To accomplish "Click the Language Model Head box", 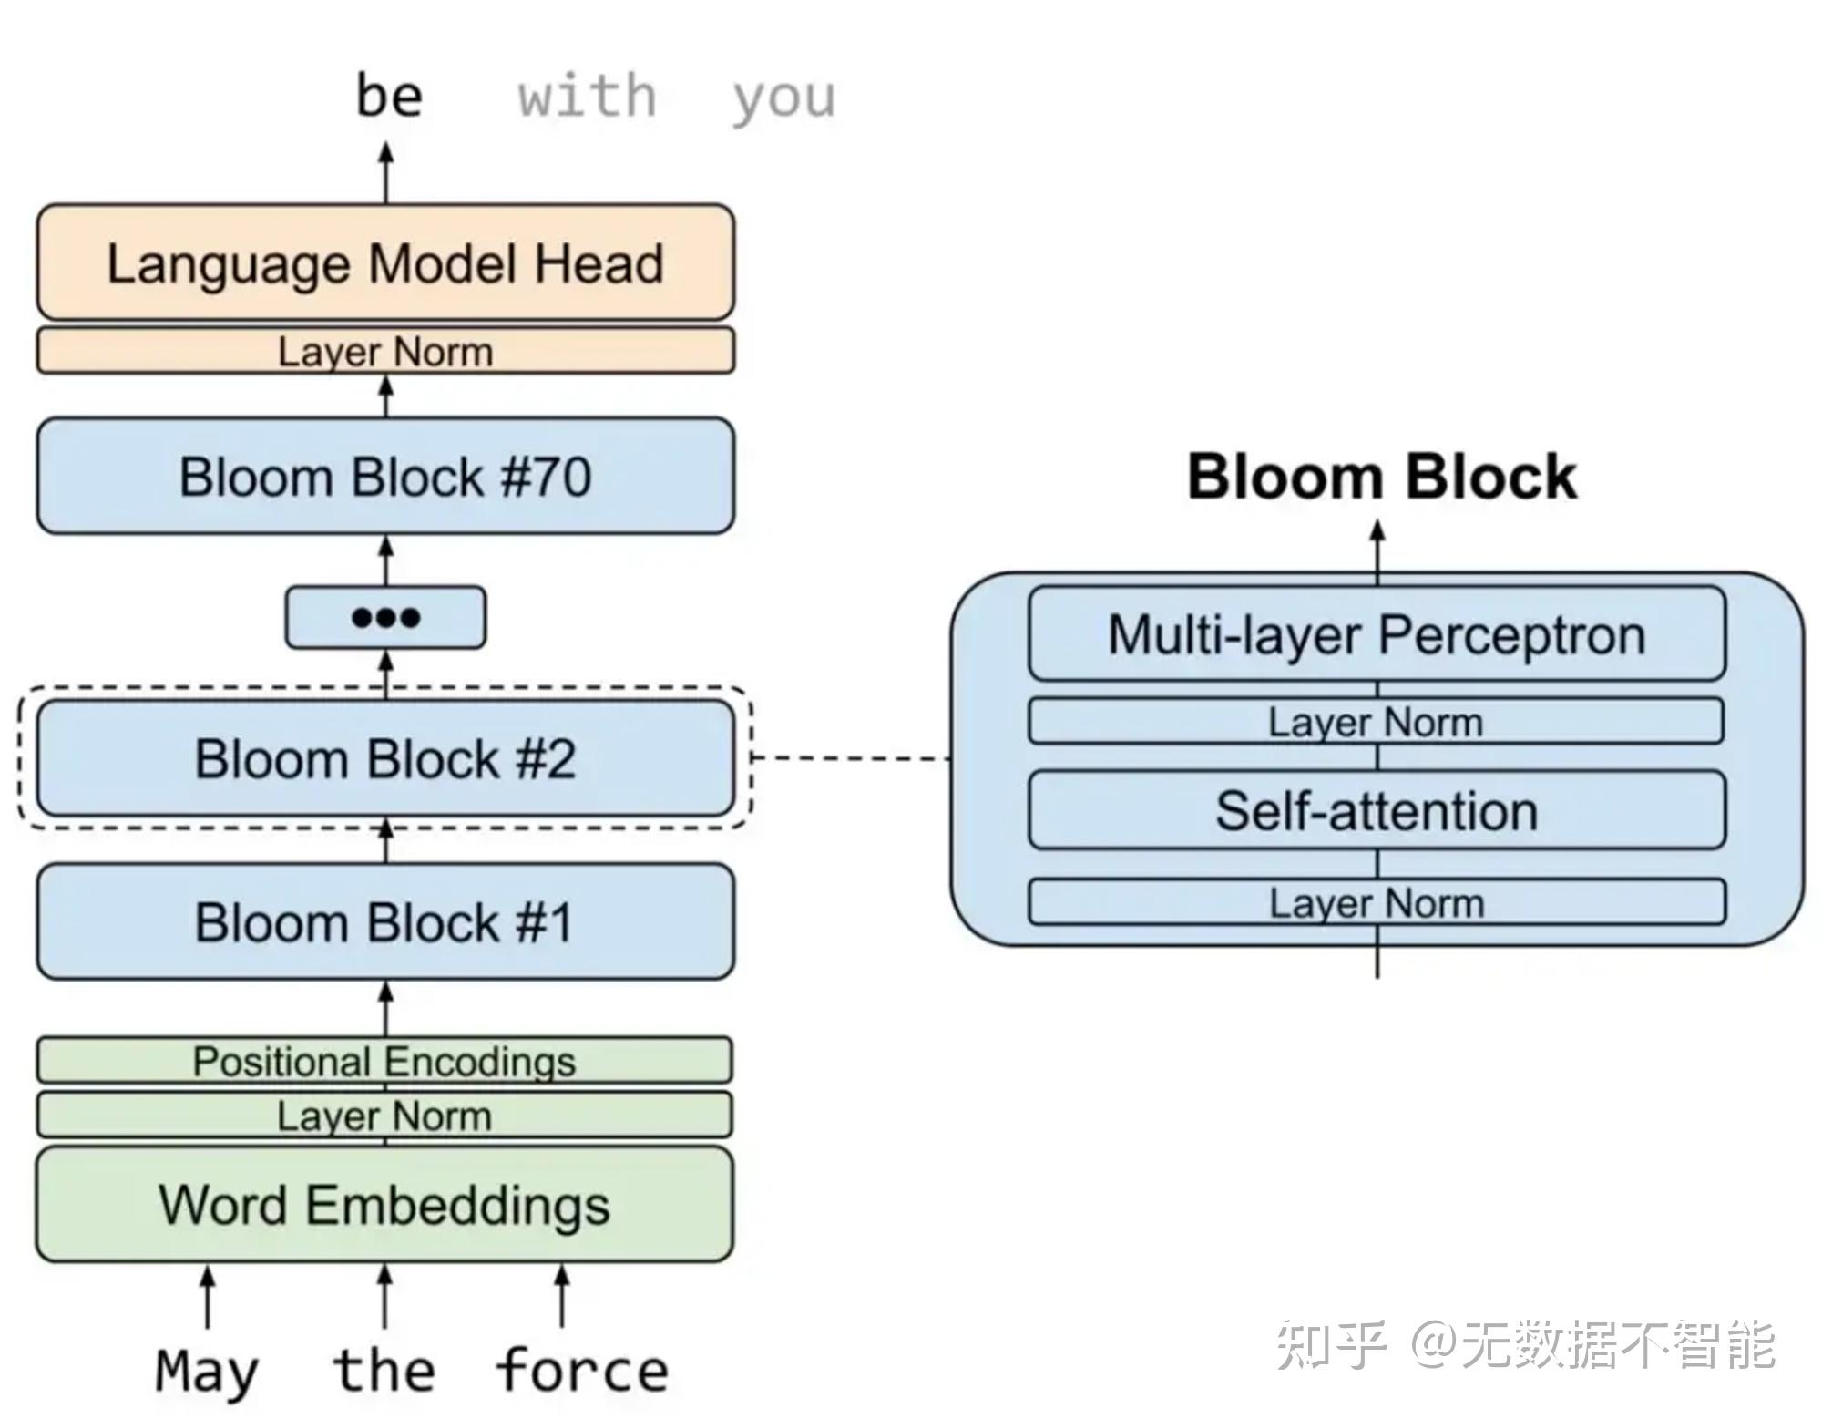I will pos(385,262).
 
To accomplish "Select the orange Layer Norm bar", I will pos(385,351).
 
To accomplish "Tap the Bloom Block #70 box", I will pos(385,476).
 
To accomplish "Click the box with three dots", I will pos(385,617).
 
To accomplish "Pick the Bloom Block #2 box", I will pos(385,758).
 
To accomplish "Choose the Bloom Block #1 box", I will pos(385,921).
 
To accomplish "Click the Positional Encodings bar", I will pos(384,1060).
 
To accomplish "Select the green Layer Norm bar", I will pos(384,1115).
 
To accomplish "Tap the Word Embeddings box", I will pos(384,1204).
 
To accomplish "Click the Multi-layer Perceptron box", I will pos(1377,634).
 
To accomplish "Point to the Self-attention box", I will pos(1377,810).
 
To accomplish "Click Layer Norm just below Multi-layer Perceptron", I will pos(1376,722).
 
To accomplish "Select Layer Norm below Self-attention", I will pos(1377,902).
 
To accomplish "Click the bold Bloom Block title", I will pos(1381,477).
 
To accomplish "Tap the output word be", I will pos(389,96).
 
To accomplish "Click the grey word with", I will pos(587,96).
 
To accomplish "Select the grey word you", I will pos(783,98).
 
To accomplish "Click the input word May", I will pos(207,1371).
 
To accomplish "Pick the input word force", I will pos(582,1370).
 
